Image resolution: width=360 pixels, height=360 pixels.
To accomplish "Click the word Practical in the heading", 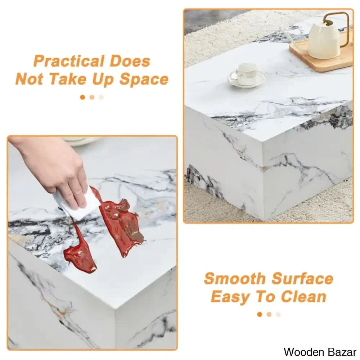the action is (69, 61).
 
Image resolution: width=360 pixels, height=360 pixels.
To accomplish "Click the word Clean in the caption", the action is (303, 296).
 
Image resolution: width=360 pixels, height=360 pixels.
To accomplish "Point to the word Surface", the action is (302, 279).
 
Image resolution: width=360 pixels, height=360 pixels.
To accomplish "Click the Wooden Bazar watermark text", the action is (320, 352).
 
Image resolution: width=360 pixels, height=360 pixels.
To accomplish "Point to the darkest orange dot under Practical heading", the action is (83, 97).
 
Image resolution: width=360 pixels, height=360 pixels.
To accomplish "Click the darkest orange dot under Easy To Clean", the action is (260, 314).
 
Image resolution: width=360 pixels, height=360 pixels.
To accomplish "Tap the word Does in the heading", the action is (130, 61).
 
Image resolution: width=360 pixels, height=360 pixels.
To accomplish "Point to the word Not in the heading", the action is (30, 80).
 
